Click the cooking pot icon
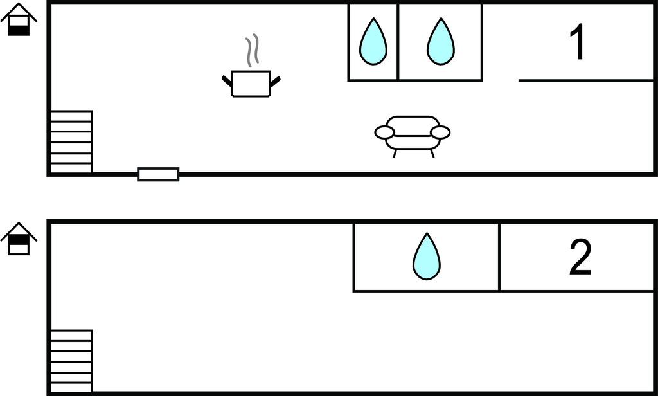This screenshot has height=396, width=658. click(x=251, y=84)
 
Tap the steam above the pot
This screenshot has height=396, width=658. click(x=253, y=51)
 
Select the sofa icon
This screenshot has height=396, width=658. click(x=413, y=134)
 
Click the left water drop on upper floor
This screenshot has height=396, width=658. click(x=373, y=42)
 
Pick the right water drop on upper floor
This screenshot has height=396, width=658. click(x=441, y=42)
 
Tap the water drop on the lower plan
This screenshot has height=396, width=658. click(x=427, y=256)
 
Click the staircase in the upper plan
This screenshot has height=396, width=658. click(x=71, y=141)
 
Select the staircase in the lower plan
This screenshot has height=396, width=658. click(x=71, y=360)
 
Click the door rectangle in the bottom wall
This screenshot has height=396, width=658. click(x=158, y=174)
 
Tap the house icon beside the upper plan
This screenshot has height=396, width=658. click(x=19, y=19)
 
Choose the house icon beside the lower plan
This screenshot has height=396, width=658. click(x=19, y=239)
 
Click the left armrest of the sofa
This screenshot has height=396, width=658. click(x=384, y=132)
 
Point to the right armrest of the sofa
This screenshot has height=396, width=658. click(x=440, y=132)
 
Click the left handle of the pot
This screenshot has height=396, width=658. click(x=227, y=81)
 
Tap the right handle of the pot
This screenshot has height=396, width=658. click(x=275, y=81)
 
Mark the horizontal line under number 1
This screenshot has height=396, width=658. click(x=585, y=80)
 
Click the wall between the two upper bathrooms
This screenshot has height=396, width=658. click(x=398, y=42)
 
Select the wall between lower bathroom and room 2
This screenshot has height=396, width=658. click(x=499, y=257)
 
